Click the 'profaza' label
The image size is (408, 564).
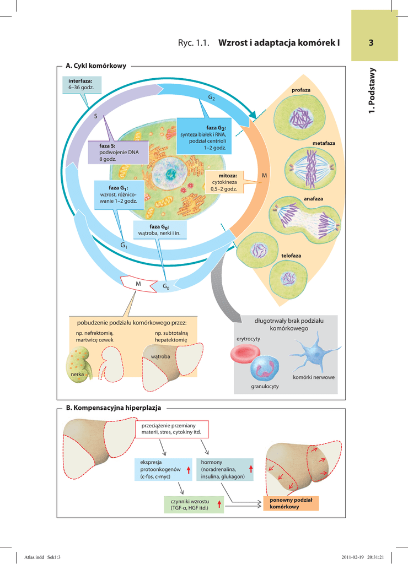301,90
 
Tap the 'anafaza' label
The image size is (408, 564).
313,198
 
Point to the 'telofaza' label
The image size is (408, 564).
291,256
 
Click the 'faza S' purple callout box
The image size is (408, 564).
119,152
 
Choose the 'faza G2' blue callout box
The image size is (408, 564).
203,137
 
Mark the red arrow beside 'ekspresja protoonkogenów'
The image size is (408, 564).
189,469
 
